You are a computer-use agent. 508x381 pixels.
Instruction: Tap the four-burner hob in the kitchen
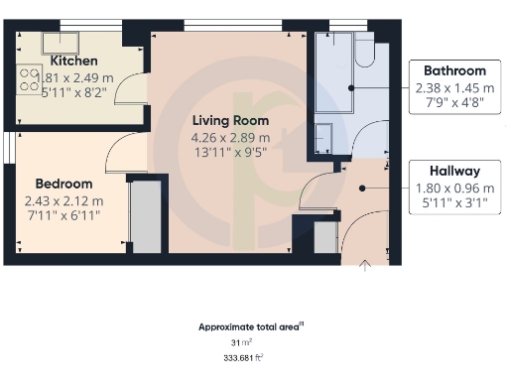(27, 78)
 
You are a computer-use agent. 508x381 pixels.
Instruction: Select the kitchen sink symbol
(45, 39)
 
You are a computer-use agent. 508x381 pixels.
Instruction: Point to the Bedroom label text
(63, 184)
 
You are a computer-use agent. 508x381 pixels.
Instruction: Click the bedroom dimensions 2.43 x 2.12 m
(63, 200)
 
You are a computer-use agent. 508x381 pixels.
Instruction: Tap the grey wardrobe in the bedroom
(146, 215)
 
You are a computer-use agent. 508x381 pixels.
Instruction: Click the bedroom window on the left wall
(6, 147)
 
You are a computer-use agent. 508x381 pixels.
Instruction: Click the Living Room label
(230, 120)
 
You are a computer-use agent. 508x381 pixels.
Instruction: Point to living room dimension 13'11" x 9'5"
(230, 152)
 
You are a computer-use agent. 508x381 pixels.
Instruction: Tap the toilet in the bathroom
(361, 51)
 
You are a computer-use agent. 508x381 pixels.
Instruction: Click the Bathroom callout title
(454, 70)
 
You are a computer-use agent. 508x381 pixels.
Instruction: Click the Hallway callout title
(454, 171)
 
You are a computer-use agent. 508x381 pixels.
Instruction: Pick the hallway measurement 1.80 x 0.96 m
(454, 188)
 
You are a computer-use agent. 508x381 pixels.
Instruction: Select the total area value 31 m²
(235, 342)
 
